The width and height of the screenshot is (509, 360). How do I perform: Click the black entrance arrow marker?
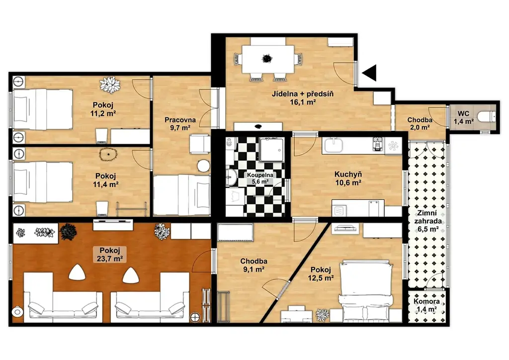pos(371,73)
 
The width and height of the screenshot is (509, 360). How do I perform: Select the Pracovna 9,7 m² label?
pos(180,124)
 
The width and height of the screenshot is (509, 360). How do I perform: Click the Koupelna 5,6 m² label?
pos(260,178)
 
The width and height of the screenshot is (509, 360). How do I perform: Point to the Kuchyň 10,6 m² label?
pos(348,179)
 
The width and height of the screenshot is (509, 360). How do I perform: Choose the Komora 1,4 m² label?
pos(426,305)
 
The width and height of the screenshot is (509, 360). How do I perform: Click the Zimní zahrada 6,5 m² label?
pos(428,221)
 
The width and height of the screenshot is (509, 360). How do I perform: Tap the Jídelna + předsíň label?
pos(303,94)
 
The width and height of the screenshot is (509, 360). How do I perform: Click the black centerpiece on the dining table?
pos(267,59)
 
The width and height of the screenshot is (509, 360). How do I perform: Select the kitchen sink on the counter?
pos(334,145)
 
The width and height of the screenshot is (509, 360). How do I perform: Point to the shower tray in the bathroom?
pos(272,149)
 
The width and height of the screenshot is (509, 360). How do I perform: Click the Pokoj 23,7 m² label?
pos(110,255)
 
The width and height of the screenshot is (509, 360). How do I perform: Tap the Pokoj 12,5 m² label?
pos(321,273)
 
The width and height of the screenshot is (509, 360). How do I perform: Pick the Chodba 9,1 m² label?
pos(254,265)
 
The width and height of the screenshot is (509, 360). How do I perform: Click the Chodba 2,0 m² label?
pos(420,124)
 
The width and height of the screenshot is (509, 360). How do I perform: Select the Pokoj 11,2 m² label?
pos(103,109)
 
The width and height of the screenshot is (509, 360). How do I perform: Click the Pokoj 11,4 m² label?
pos(105,180)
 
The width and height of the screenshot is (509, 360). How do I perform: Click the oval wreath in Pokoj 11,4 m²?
pos(108,154)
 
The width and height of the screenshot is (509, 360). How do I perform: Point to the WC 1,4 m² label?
pos(463,117)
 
